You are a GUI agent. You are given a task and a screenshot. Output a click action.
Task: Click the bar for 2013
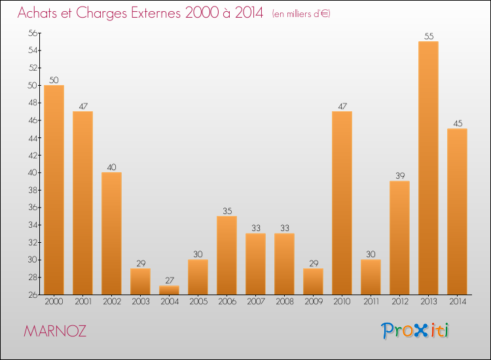428,168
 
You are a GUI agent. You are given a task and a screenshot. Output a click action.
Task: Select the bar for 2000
54,190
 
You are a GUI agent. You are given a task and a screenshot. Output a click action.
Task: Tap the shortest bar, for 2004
169,290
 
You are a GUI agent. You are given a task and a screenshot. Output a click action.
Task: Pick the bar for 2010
342,203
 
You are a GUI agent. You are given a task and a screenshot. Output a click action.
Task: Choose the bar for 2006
227,255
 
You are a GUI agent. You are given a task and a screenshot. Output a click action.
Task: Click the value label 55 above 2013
429,37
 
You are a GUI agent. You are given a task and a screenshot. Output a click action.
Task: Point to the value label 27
169,280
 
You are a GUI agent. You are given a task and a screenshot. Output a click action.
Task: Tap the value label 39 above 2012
399,176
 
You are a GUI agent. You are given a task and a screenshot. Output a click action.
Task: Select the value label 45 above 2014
457,124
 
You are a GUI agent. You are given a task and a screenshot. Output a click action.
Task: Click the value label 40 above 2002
111,168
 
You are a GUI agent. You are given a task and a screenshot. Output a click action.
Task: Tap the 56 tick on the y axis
31,33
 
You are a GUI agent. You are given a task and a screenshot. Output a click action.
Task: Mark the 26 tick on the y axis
31,295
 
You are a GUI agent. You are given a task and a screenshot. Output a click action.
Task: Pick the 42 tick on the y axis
31,155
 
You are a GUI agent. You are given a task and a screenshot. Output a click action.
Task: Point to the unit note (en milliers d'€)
300,14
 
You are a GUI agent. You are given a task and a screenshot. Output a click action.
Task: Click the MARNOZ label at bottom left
54,331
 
